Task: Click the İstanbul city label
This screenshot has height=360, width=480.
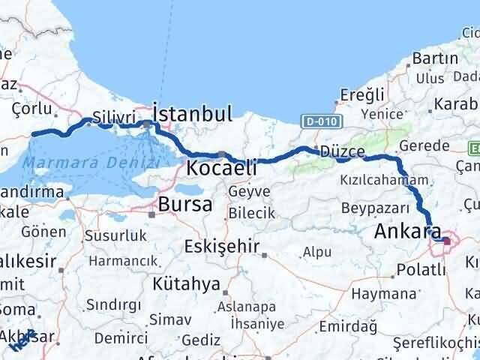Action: [192, 114]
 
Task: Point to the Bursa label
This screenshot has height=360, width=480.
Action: [184, 203]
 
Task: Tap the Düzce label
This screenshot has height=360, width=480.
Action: [342, 151]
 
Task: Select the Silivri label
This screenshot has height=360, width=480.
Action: [114, 117]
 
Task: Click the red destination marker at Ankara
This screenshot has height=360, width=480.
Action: [447, 241]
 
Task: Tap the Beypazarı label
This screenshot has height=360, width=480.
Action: [375, 207]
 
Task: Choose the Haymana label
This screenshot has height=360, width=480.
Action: [383, 292]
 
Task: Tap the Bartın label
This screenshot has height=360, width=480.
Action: [430, 58]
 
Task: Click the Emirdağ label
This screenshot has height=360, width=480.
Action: [343, 326]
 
